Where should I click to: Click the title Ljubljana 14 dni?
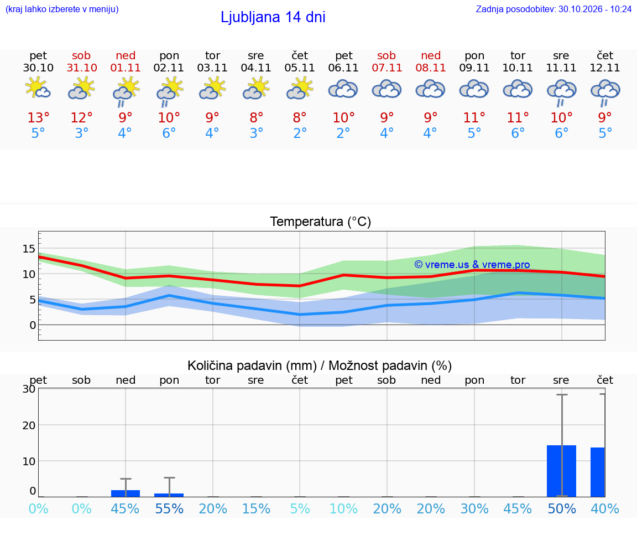point(273,17)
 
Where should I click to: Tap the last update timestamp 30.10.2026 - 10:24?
point(595,9)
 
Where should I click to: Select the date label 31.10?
point(82,68)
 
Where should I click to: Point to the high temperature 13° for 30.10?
point(38,117)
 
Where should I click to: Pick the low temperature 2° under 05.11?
point(300,133)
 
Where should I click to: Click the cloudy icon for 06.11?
point(343,89)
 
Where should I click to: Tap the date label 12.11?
point(604,68)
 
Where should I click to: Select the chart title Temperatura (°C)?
point(321,222)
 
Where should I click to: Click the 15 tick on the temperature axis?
point(29,249)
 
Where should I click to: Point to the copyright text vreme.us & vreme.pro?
point(472,265)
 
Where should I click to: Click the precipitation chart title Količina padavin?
point(252,366)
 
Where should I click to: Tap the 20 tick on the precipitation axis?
point(29,425)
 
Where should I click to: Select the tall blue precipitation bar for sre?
point(561,471)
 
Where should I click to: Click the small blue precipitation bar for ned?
point(126,493)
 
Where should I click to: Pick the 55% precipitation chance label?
point(169,509)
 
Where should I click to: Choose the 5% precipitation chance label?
point(300,509)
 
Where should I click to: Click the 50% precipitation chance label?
point(562,509)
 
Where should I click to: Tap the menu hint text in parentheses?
point(62,9)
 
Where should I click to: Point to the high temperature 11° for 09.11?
point(474,117)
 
